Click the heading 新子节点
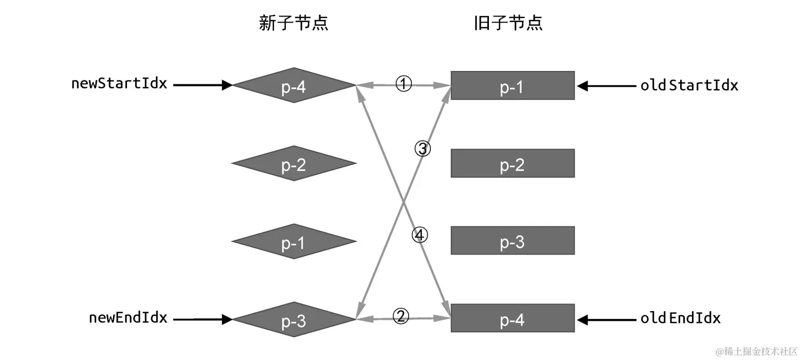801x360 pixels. point(294,24)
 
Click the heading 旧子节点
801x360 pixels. point(508,24)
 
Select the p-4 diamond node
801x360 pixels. point(294,85)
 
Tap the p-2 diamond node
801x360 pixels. point(294,164)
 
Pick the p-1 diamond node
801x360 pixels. point(294,242)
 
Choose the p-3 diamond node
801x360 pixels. point(294,320)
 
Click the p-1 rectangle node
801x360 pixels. point(512,85)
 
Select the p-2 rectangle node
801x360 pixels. point(512,164)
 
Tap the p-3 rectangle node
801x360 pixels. point(512,241)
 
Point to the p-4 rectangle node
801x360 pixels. point(512,318)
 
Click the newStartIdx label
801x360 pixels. point(119,84)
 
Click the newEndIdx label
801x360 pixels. point(128,318)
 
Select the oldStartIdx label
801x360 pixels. point(689,85)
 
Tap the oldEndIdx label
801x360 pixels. point(680,318)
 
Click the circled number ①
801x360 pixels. point(404,84)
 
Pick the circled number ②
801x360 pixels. point(401,316)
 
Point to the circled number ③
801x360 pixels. point(423,149)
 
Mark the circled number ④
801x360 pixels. point(420,236)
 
